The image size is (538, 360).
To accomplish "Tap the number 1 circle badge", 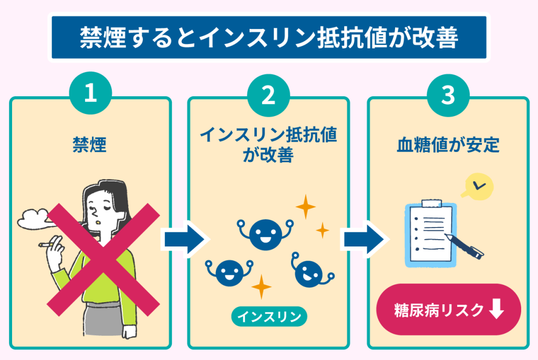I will tap(90, 95).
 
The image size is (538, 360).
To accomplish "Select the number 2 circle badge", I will tap(268, 95).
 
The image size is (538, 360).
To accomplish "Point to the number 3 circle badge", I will tap(448, 95).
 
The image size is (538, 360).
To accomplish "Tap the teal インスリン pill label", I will tap(269, 317).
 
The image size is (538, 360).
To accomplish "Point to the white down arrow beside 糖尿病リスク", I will tap(496, 311).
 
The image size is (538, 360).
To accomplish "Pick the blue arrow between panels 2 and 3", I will tap(362, 239).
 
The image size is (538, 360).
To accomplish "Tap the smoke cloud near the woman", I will tap(33, 218).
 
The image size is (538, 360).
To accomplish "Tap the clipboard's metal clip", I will tap(429, 203).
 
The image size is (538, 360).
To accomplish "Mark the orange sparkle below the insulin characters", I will tap(261, 287).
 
